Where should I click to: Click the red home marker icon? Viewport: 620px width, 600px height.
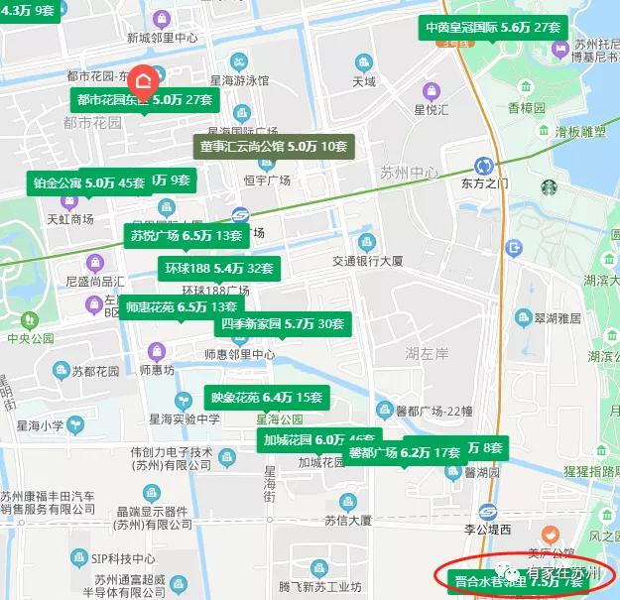pos(144,79)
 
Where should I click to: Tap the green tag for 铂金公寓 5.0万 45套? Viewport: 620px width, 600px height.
pos(88,182)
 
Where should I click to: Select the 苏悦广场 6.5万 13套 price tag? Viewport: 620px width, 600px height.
pos(186,236)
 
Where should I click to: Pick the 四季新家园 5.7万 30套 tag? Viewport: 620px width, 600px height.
pos(283,323)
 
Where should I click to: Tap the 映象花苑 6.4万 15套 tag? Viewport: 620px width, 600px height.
pos(266,398)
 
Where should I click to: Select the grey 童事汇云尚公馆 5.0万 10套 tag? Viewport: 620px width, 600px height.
pos(274,147)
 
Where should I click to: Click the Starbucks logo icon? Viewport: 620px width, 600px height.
pos(550,185)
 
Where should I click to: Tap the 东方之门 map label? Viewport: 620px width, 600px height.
pos(484,183)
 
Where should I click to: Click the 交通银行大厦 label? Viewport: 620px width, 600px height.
pos(370,261)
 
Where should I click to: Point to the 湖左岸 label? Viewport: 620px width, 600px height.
pos(429,352)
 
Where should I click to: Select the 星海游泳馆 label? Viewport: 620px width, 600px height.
pos(237,79)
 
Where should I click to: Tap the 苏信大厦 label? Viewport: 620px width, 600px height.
pos(347,520)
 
